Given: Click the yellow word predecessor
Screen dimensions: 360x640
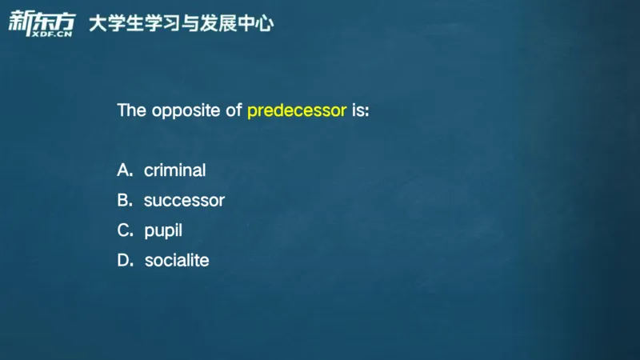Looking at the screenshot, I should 297,110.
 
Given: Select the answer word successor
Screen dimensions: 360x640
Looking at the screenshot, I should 184,200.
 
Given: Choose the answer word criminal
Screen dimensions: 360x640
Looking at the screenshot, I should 174,170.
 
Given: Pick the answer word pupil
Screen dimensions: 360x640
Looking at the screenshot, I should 163,230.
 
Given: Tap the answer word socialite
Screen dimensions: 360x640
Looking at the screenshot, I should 177,260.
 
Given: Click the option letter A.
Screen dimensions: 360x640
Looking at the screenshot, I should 124,170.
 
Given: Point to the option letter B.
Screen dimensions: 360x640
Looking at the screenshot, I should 124,200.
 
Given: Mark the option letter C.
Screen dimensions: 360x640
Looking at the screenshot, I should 124,230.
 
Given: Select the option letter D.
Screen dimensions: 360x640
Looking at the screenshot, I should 125,260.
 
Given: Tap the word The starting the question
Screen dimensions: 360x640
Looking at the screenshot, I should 131,110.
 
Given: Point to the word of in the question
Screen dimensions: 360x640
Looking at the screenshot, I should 234,110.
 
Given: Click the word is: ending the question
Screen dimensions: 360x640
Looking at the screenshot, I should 361,110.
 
